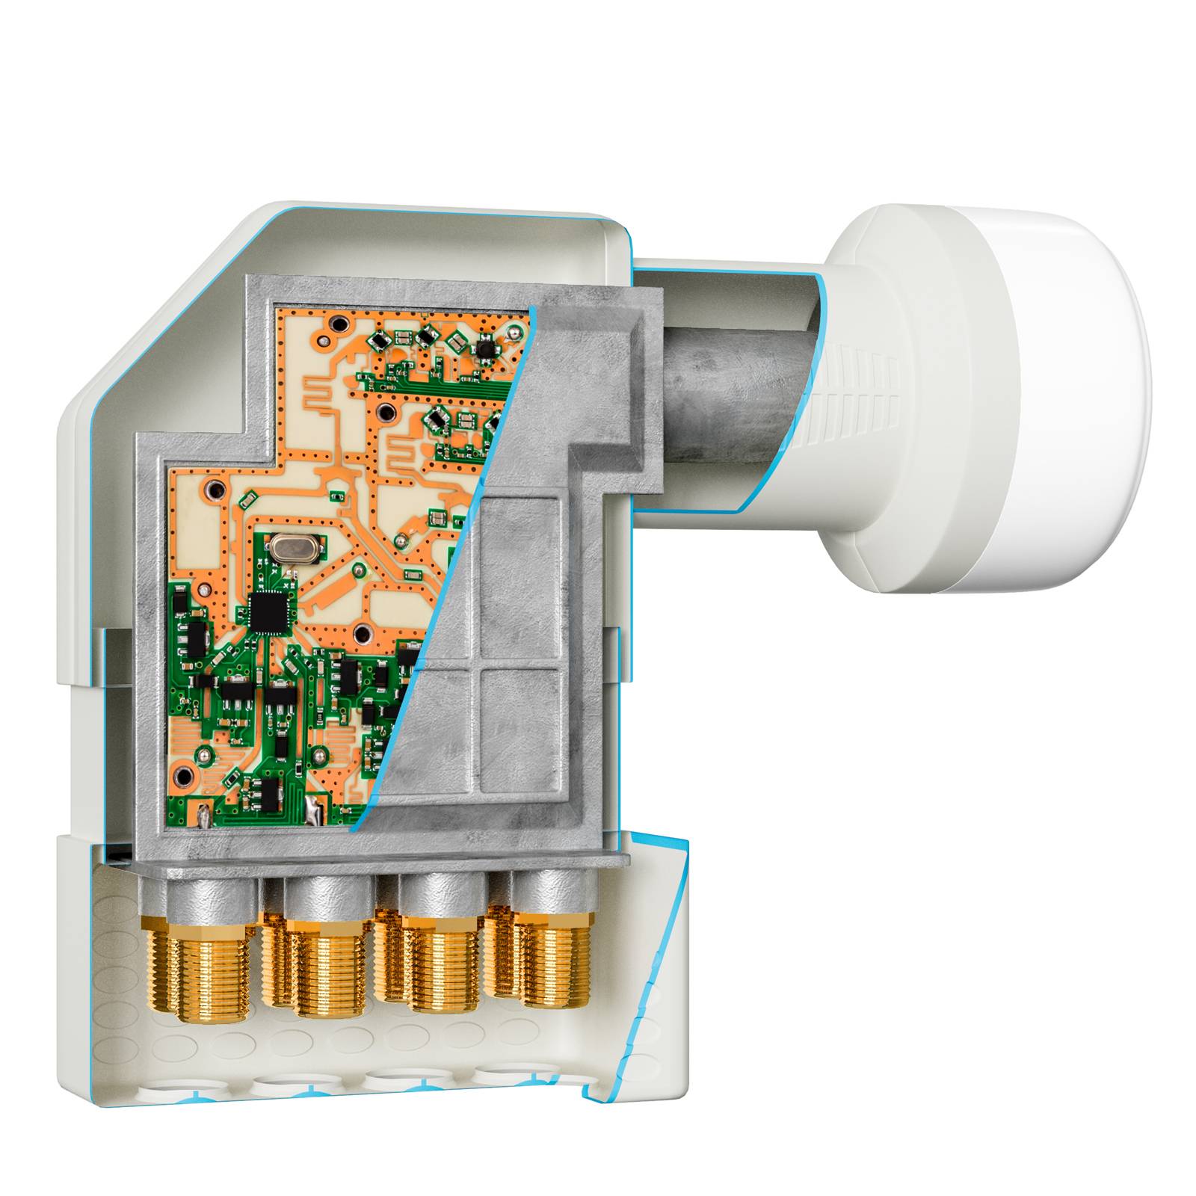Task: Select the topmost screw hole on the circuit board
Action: pos(340,324)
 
